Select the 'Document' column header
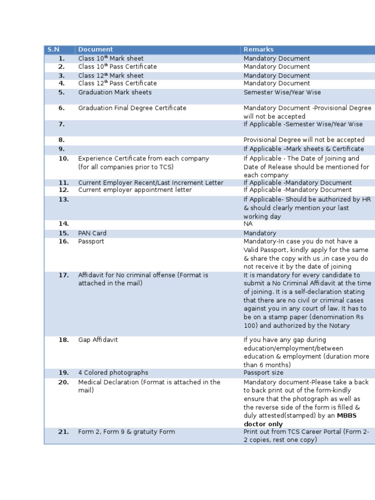(x=95, y=49)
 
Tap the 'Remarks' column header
(x=258, y=49)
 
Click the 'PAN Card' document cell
(x=92, y=233)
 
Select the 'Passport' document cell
(x=91, y=241)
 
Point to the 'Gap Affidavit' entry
(x=98, y=340)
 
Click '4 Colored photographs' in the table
(x=113, y=373)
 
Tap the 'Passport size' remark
(x=263, y=373)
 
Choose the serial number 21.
(x=63, y=432)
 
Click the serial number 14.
(x=63, y=224)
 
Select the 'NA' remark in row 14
(x=248, y=224)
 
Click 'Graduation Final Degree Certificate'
(x=132, y=108)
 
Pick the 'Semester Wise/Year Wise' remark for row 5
(x=282, y=92)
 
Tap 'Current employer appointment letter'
(x=135, y=190)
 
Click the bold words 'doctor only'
(x=263, y=424)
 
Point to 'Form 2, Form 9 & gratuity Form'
(x=126, y=432)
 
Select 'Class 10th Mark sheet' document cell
(x=111, y=59)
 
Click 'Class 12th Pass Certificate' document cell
(x=117, y=83)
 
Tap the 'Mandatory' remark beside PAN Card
(x=260, y=233)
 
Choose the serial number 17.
(x=63, y=275)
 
